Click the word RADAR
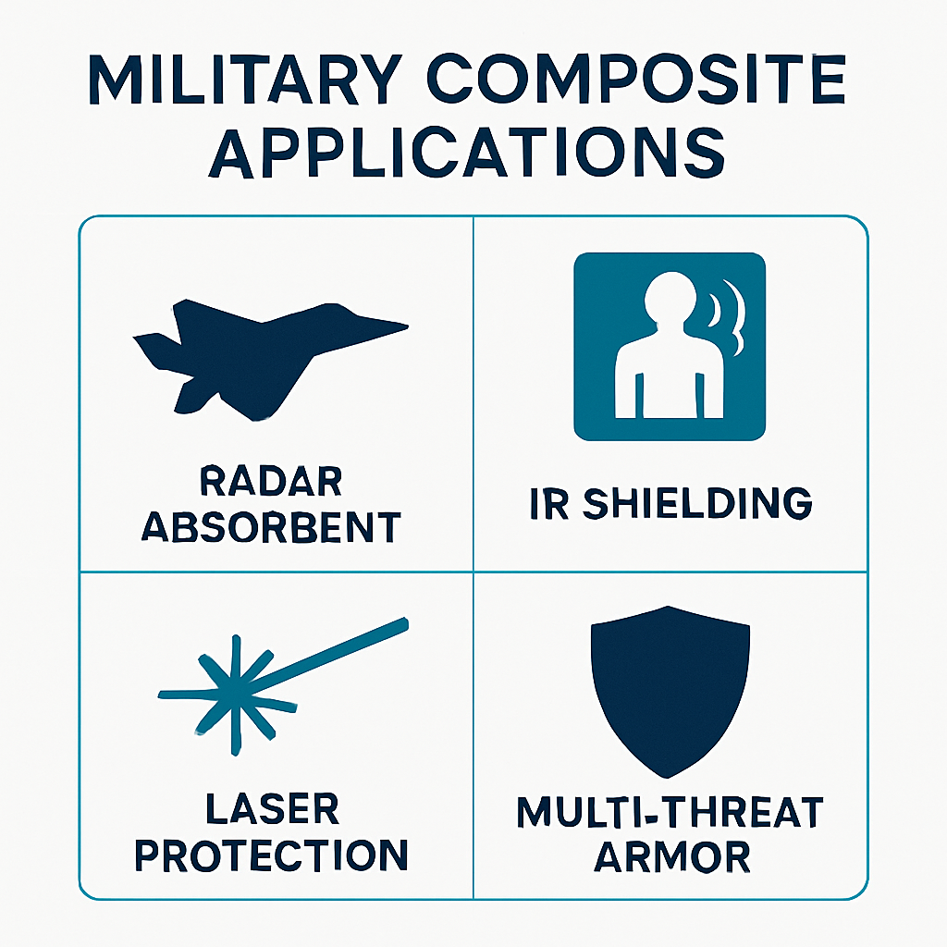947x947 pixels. click(x=270, y=482)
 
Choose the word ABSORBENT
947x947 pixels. click(x=271, y=526)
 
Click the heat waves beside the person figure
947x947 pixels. click(x=728, y=319)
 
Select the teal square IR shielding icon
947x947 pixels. click(x=670, y=347)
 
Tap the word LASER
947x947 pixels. click(x=271, y=810)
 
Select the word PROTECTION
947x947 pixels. click(x=271, y=855)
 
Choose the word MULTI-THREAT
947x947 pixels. click(x=670, y=813)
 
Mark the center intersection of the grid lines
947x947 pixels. click(x=473, y=572)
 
